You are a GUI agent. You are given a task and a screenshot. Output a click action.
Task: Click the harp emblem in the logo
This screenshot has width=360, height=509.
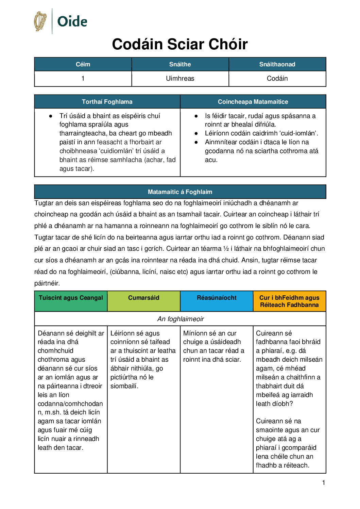[40, 21]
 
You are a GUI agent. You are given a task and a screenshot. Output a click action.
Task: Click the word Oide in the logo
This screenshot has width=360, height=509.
[72, 21]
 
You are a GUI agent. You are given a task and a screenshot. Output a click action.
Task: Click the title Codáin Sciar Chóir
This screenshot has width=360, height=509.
[180, 44]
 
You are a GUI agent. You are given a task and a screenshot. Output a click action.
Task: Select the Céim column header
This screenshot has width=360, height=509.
[83, 64]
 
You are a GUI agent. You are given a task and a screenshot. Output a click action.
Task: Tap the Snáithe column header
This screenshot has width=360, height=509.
[180, 64]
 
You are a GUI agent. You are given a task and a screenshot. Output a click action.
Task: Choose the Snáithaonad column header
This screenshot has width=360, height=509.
[277, 64]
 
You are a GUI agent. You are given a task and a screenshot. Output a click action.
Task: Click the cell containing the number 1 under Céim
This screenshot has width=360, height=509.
[83, 79]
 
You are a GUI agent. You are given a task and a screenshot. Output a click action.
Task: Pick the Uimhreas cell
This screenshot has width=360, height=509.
[180, 79]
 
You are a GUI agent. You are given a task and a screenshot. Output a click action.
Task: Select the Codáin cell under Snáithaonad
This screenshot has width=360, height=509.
[277, 79]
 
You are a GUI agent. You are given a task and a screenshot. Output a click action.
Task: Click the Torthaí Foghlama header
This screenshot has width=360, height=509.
[107, 102]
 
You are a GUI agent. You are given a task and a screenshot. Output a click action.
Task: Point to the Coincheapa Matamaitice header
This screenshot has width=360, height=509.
[253, 102]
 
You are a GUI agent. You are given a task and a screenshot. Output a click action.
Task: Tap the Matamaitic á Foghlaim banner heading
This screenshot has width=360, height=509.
[180, 192]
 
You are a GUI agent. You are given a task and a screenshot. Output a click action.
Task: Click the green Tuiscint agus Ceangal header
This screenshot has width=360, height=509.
[71, 298]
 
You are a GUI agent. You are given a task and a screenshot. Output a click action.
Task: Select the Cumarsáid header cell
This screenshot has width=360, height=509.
[143, 298]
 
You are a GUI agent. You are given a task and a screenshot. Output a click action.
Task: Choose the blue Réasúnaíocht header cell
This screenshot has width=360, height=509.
[217, 298]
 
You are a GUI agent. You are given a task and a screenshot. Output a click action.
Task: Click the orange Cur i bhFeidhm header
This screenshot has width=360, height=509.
[289, 301]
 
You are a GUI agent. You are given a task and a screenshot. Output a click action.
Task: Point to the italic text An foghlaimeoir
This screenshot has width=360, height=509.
[181, 319]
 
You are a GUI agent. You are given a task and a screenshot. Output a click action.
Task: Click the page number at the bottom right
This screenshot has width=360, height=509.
[324, 482]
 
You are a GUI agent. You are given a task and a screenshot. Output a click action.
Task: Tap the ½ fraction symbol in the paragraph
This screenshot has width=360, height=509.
[226, 249]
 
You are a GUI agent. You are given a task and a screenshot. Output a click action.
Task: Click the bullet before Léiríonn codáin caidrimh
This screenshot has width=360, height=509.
[196, 133]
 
